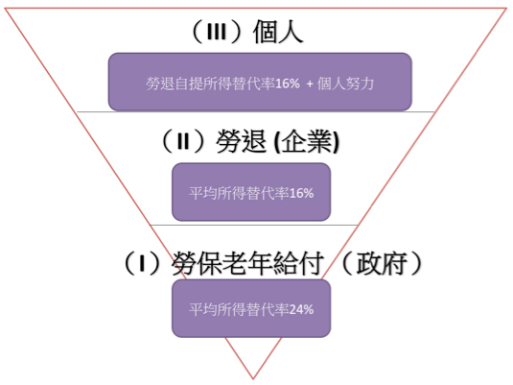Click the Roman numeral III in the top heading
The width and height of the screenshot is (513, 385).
click(217, 32)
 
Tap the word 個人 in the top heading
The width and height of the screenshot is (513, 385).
click(278, 32)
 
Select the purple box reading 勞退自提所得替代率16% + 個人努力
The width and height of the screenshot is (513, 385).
click(260, 82)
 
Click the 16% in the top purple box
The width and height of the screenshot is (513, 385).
click(288, 84)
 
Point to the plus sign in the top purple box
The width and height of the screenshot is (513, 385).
click(310, 84)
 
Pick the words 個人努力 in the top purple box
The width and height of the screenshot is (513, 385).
click(345, 84)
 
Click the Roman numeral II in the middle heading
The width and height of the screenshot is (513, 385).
click(183, 142)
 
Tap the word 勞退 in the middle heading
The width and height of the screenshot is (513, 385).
click(241, 141)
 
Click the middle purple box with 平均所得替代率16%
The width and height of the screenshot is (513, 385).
click(251, 192)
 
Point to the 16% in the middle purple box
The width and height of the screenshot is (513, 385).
click(301, 193)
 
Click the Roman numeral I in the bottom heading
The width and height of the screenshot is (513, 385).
click(142, 264)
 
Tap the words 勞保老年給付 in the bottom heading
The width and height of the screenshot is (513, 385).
click(247, 264)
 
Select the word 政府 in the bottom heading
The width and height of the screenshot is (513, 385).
click(381, 263)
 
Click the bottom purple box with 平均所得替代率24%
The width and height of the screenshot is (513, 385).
click(251, 308)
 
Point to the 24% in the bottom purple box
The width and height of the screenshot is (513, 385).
click(301, 310)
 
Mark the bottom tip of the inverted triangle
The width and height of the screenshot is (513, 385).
click(253, 378)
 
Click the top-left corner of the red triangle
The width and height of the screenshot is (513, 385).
click(5, 9)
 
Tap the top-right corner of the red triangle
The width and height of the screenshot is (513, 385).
click(507, 9)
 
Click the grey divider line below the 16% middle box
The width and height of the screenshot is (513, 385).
click(253, 226)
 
